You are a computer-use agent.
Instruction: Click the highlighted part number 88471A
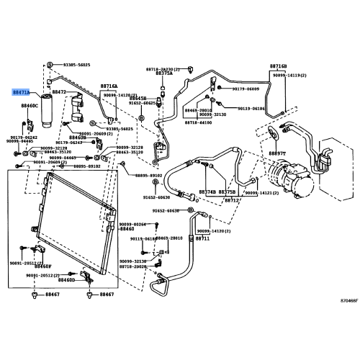(x=21, y=93)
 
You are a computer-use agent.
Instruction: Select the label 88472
(x=58, y=92)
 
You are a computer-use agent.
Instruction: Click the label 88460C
(x=29, y=106)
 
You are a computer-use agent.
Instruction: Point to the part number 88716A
(x=109, y=85)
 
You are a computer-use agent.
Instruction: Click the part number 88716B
(x=278, y=66)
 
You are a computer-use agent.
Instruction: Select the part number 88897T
(x=278, y=153)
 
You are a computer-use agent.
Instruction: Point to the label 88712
(x=232, y=200)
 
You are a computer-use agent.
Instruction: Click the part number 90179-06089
(x=246, y=89)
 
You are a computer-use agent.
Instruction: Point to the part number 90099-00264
(x=132, y=225)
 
